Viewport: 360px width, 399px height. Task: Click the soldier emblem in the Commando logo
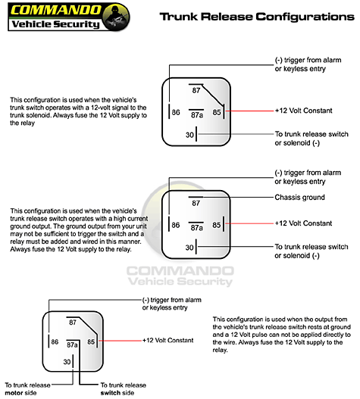coord(116,17)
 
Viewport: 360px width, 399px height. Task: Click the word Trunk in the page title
coord(179,17)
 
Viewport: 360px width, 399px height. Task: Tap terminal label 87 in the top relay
coord(196,90)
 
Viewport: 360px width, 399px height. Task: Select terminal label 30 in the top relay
coord(189,135)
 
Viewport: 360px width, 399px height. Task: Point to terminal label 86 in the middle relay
coord(176,225)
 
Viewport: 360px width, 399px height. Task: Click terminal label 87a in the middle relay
coord(197,228)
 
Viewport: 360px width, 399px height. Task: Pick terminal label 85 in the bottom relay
coord(91,341)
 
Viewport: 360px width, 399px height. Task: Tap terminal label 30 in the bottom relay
coord(67,362)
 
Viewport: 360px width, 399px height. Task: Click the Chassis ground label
coord(299,197)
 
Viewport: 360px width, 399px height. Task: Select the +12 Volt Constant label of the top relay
coord(303,111)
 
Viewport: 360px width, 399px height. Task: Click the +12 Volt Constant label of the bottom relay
coord(168,340)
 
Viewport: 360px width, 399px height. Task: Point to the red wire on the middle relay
coord(249,223)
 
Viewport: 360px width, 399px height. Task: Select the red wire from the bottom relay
coord(120,341)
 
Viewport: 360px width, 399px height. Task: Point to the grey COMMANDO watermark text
coord(180,271)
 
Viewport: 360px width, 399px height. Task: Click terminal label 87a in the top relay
coord(197,115)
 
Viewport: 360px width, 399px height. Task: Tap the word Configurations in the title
coord(305,17)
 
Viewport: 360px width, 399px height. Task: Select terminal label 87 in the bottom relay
coord(73,323)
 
